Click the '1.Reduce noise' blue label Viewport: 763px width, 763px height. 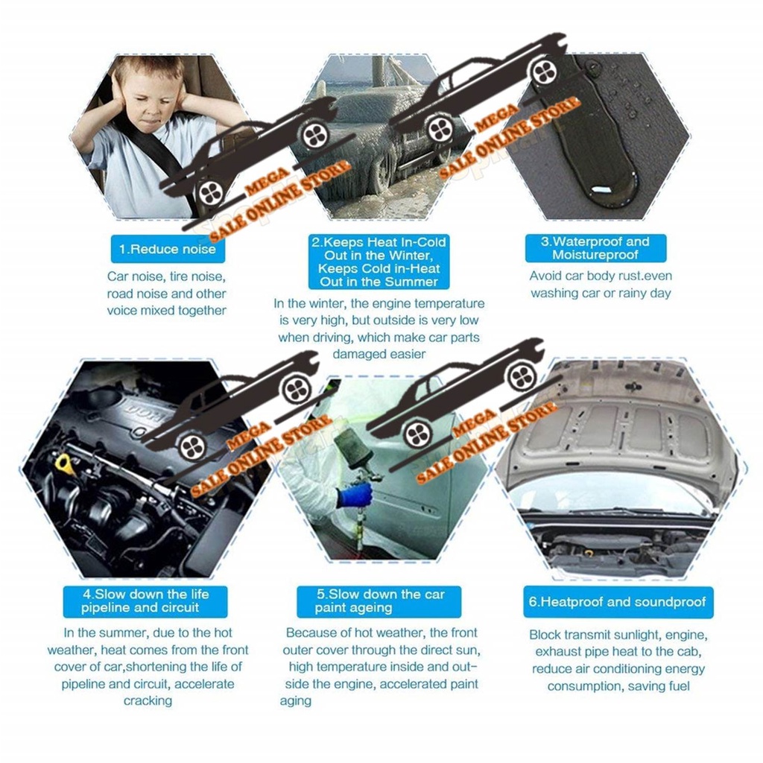point(168,250)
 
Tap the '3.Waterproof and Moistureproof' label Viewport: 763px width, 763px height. point(595,248)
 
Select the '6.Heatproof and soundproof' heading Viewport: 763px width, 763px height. point(618,602)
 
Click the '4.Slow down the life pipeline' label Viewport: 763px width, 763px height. point(145,601)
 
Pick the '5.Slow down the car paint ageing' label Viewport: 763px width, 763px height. point(379,601)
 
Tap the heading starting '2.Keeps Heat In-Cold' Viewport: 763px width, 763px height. point(379,262)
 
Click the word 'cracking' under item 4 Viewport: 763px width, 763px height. point(148,701)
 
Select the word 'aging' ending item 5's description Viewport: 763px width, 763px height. point(295,701)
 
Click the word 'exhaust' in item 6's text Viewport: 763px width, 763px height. point(558,652)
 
